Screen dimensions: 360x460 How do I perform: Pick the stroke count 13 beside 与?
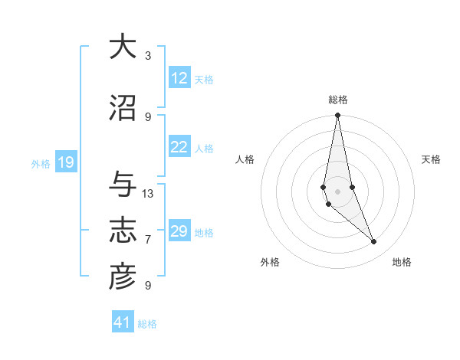pos(148,194)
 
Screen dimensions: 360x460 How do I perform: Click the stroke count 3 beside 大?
pos(148,56)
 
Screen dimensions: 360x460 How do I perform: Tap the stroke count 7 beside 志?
pos(148,240)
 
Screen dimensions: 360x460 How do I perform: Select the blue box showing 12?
pos(179,78)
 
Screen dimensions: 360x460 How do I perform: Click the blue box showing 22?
pos(179,147)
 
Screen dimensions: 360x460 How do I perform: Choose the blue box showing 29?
pos(179,231)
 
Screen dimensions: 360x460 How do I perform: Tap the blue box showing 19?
pos(65,162)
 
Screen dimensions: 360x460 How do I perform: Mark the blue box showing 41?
pos(123,322)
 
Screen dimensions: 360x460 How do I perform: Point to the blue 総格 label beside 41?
pos(147,324)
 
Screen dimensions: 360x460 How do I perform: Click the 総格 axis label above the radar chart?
pos(337,100)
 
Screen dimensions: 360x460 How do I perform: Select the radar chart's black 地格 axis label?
pos(402,262)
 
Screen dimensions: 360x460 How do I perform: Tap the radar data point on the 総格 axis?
pos(337,116)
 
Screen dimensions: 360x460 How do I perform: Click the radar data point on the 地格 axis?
pos(374,242)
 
